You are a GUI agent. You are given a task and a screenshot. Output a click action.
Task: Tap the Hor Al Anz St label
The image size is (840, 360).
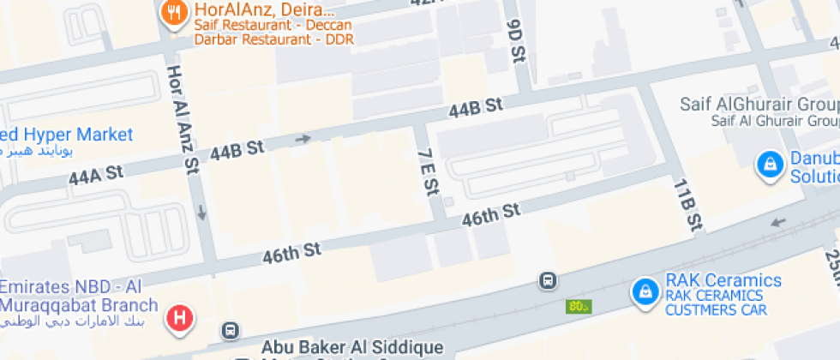183,120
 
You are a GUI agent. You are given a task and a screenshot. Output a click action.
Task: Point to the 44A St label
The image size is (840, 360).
97,175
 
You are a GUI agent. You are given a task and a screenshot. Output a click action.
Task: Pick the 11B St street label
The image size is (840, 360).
687,206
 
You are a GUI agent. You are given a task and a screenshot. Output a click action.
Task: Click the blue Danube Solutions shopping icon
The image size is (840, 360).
770,163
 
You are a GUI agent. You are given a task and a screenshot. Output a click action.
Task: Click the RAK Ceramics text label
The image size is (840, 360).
723,281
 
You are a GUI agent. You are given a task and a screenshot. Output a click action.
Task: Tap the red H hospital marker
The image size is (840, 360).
179,319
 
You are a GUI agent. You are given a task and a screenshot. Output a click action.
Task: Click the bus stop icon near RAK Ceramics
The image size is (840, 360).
547,279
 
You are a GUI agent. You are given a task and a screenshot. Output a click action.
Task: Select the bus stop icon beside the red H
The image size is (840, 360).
229,329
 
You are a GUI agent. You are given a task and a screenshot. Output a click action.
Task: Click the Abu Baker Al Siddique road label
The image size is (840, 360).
351,347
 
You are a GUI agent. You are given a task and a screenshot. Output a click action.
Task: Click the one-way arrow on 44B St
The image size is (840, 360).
303,138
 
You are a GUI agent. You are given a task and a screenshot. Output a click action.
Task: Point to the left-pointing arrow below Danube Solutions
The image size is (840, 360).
778,222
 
